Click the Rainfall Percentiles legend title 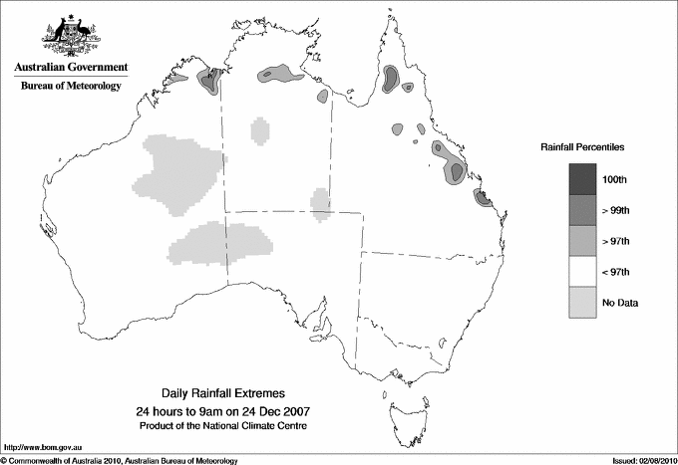581,146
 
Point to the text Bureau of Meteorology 71,87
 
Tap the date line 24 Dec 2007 222,411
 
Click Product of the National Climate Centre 222,425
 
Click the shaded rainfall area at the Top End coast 280,73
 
